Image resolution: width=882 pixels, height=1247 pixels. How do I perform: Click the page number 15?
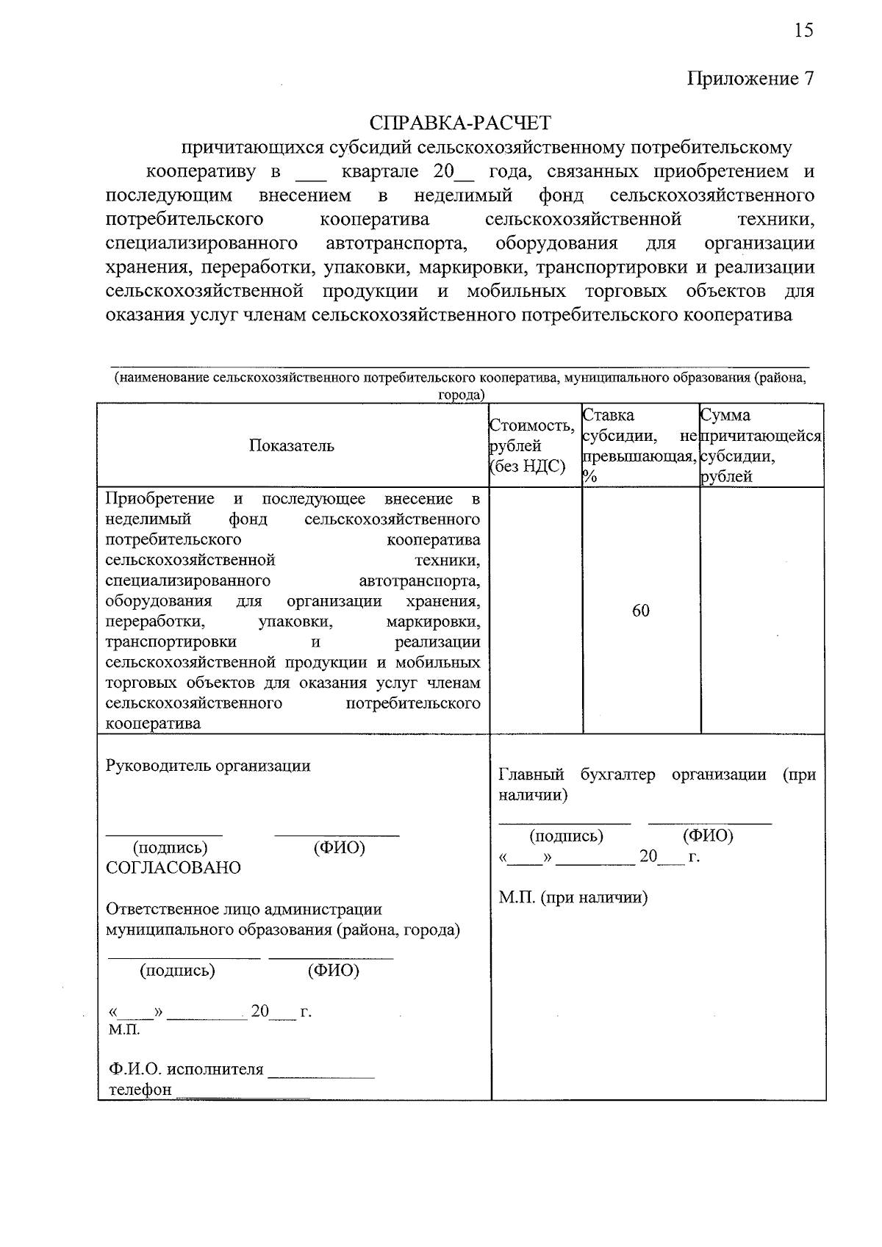coord(803,30)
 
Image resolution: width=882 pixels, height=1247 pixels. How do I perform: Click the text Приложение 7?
coord(750,79)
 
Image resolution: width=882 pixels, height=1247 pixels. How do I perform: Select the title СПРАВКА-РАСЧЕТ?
coord(460,122)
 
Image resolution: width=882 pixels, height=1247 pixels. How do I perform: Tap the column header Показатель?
coord(291,445)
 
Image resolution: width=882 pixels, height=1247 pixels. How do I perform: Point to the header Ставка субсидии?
coord(639,445)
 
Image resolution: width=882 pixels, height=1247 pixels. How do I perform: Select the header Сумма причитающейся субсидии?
coord(761,445)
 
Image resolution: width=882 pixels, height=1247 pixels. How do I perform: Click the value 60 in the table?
coord(641,611)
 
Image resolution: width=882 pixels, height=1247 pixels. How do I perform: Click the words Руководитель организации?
coord(208,766)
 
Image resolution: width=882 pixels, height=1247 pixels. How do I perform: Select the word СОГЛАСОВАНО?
coord(173,868)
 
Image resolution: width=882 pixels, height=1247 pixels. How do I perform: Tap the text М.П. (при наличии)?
coord(573,897)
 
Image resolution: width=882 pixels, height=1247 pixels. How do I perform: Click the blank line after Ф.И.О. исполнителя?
coord(321,1074)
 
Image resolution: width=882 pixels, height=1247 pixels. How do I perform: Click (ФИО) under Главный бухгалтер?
coord(708,835)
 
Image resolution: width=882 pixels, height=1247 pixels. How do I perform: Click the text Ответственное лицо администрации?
coord(244,909)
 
